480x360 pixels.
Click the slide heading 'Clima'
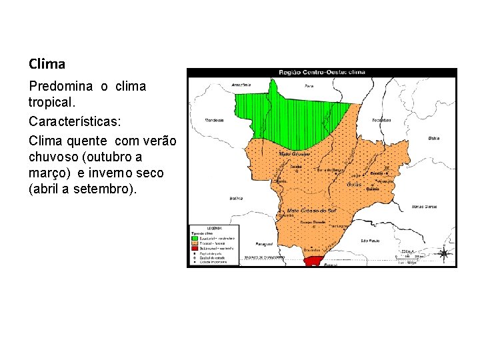47,65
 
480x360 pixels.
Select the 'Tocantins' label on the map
381,120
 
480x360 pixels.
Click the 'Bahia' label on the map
434,139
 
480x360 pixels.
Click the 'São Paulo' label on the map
370,240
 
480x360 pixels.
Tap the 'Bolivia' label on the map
235,198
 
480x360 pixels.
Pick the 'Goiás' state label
353,184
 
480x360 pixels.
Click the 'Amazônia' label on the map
241,85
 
